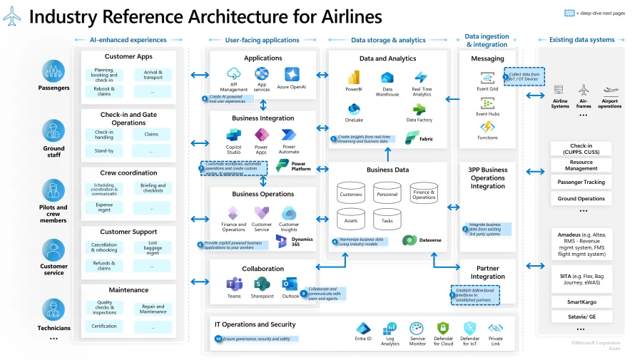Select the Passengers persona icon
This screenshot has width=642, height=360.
point(53,71)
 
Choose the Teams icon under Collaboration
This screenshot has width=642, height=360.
point(233,284)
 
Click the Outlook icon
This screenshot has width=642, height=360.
point(290,284)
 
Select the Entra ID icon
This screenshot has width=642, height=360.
point(364,329)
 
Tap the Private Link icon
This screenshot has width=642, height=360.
point(495,329)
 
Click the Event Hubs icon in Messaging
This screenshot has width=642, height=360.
point(487,103)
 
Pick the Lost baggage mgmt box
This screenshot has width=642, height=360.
point(152,249)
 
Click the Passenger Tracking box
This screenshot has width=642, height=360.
point(581,182)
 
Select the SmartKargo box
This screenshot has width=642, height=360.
point(581,302)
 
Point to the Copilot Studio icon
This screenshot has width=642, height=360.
point(234,135)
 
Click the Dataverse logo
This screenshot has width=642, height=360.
point(410,240)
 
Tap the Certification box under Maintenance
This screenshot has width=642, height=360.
point(104,326)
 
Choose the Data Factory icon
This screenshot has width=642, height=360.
point(421,109)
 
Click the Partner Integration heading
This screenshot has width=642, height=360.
point(488,272)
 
